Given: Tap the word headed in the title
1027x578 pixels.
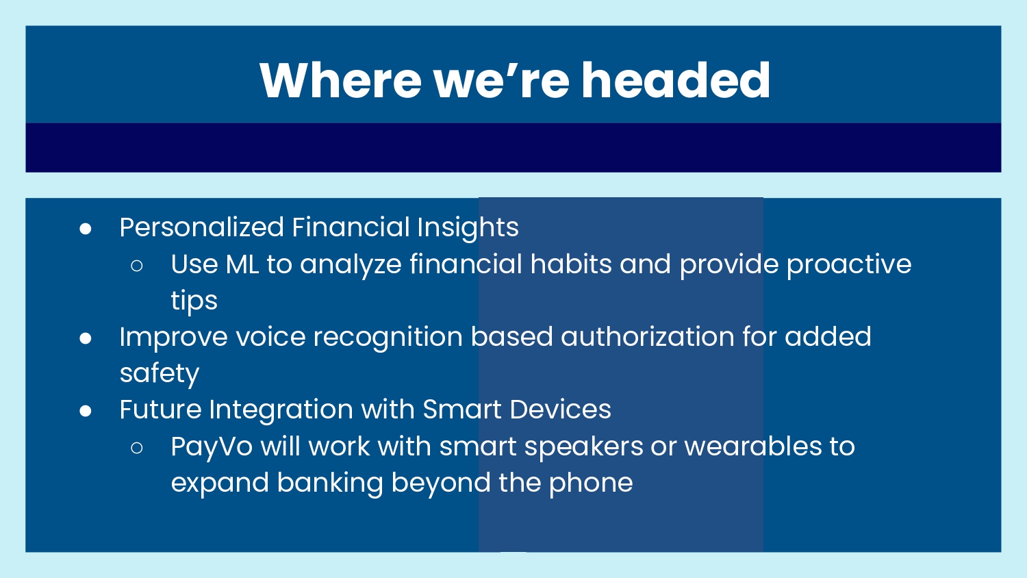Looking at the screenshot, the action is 676,81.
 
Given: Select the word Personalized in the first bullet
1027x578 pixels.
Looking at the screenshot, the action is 202,227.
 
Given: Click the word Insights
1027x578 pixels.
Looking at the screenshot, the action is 468,228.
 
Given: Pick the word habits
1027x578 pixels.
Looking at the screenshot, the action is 571,264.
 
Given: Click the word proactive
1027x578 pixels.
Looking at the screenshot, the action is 849,265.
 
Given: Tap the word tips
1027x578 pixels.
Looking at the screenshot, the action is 194,301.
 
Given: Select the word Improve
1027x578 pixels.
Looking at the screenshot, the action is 174,338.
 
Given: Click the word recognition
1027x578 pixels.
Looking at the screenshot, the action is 388,338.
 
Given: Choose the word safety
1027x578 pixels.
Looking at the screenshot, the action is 160,374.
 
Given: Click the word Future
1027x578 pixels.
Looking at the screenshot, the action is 160,409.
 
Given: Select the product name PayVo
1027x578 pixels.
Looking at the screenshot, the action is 212,447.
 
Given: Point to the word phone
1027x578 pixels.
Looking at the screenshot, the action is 590,483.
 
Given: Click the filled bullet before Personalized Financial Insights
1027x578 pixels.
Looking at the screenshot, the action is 86,229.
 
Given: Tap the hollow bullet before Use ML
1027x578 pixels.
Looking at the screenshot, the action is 137,266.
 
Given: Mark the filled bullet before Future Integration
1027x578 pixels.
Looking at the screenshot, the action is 86,411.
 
